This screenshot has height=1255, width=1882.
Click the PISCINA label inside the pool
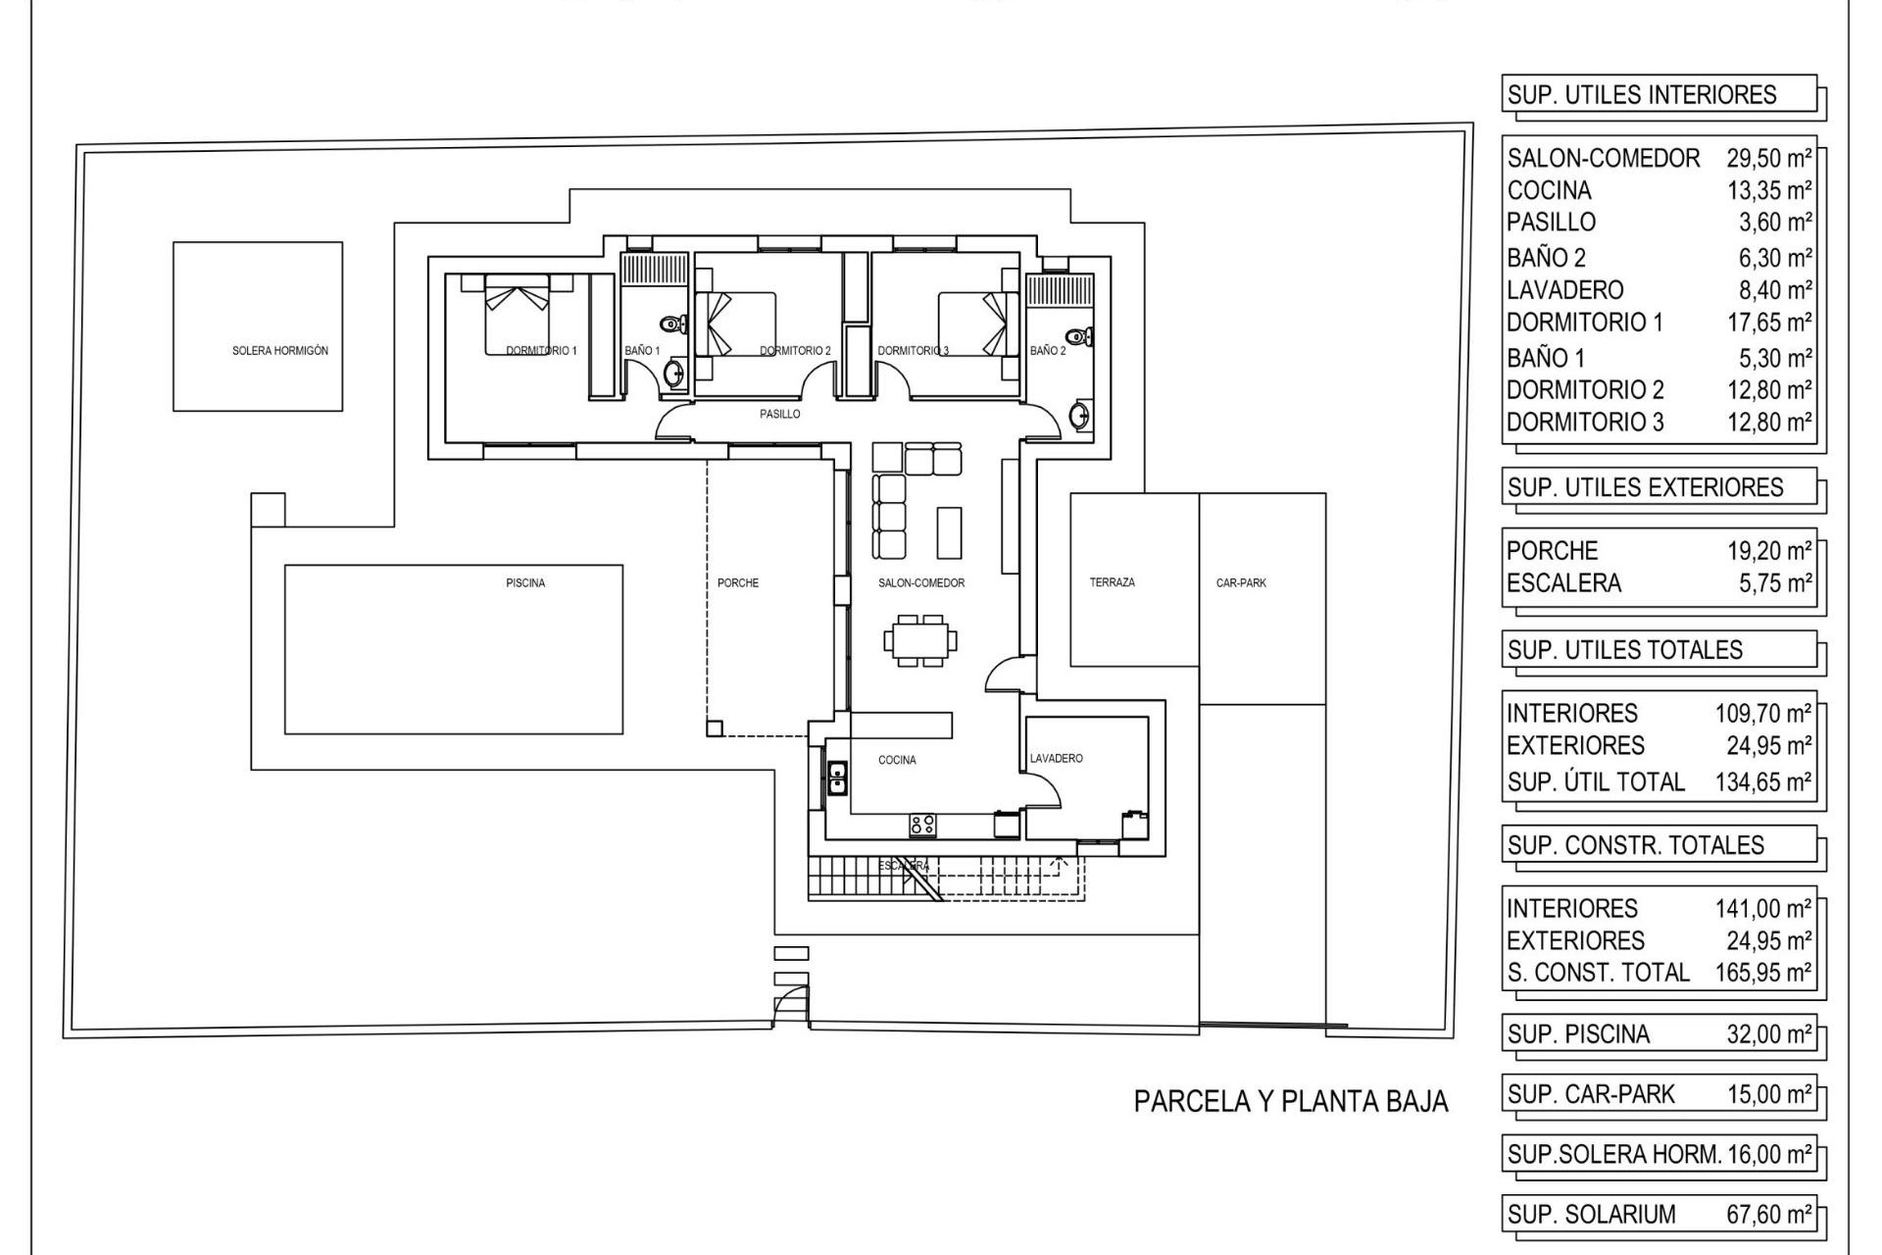tap(525, 583)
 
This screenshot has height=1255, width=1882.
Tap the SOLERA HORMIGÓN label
tap(280, 351)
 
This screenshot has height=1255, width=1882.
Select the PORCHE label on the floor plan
tap(738, 583)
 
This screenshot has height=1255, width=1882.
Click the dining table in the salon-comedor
tap(920, 641)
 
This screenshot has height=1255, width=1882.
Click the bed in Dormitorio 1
tap(517, 315)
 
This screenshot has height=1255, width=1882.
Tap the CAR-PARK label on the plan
tap(1241, 583)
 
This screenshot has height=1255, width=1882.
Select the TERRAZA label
tap(1113, 582)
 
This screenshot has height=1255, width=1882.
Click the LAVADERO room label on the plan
tap(1056, 759)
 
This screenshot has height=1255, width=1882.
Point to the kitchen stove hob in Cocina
tap(922, 825)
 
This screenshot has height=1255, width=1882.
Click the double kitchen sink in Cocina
tap(838, 778)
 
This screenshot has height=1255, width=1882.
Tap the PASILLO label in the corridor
tap(780, 415)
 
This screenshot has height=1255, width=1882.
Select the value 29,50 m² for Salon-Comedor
tap(1768, 158)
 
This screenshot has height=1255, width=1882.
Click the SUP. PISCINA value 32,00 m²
tap(1768, 1034)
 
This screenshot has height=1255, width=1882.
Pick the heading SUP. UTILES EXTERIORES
tap(1645, 487)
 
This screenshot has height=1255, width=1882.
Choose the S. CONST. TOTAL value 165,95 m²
tap(1762, 973)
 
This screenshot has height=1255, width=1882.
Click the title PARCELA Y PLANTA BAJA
tap(1291, 1102)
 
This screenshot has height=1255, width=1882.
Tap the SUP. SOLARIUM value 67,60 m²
tap(1768, 1215)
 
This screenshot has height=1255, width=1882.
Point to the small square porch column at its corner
tap(715, 728)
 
